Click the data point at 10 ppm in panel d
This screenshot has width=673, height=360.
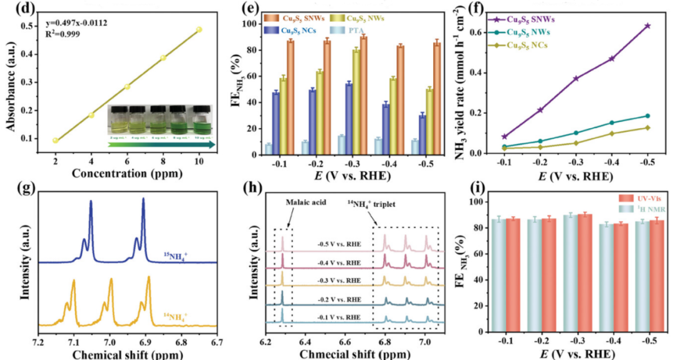(199, 29)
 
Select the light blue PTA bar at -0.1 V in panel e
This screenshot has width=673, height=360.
(269, 148)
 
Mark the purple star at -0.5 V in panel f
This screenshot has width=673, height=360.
(647, 26)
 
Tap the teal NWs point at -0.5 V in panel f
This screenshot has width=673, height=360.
(647, 116)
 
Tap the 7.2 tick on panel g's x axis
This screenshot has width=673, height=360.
(39, 341)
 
